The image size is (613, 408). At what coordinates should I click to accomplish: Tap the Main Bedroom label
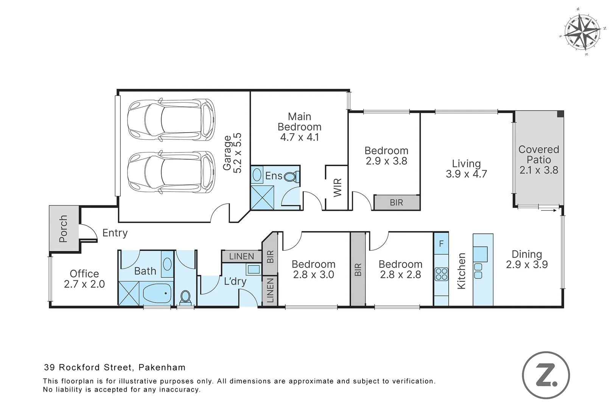[x=299, y=122]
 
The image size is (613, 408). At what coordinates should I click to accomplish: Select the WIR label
[x=338, y=187]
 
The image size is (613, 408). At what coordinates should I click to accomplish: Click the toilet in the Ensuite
[x=292, y=177]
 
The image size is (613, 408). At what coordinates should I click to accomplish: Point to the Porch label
[x=63, y=229]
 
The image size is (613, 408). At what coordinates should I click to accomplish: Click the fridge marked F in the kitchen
[x=441, y=243]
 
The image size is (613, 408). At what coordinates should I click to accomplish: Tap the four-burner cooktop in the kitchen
[x=442, y=274]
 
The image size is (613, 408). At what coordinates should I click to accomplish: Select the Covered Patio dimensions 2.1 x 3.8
[x=539, y=170]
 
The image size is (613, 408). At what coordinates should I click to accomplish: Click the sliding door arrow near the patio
[x=549, y=210]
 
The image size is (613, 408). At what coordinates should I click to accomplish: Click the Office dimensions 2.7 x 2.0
[x=84, y=284]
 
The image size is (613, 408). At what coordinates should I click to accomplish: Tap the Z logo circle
[x=546, y=375]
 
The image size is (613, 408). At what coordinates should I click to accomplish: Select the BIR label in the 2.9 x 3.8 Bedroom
[x=396, y=202]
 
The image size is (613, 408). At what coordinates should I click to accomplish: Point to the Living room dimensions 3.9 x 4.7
[x=466, y=174]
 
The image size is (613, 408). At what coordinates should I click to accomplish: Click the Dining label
[x=527, y=254]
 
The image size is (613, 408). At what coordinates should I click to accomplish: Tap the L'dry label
[x=235, y=281]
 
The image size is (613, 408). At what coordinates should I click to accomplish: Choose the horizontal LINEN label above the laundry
[x=242, y=257]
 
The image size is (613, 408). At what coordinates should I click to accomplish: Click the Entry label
[x=115, y=233]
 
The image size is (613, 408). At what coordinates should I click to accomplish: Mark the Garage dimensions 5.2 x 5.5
[x=237, y=153]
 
